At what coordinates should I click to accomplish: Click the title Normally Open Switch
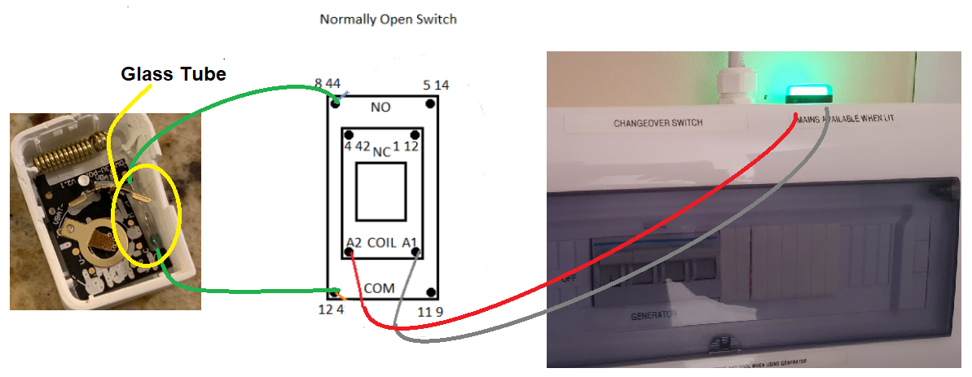(x=388, y=19)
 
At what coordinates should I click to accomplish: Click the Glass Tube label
(x=173, y=74)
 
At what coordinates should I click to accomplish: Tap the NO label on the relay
(x=380, y=107)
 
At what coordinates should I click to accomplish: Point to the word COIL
(x=381, y=243)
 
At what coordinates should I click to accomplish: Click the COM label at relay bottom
(x=380, y=288)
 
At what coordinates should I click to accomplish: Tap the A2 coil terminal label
(x=354, y=243)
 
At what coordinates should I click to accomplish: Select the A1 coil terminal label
(x=410, y=243)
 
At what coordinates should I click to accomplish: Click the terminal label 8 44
(x=328, y=84)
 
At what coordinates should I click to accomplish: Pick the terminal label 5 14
(x=436, y=85)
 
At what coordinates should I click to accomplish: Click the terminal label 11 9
(x=431, y=311)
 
